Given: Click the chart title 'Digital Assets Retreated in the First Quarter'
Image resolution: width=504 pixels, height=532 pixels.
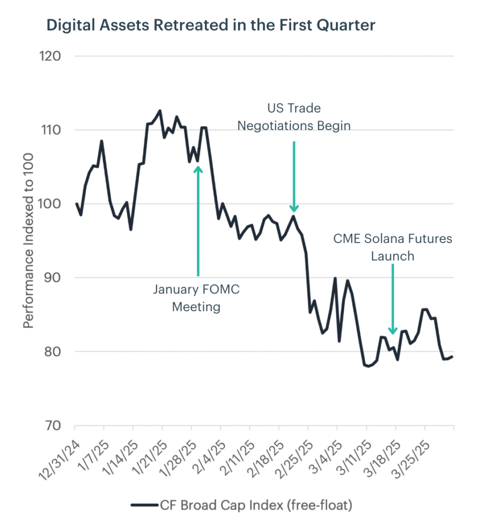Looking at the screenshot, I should (x=211, y=25).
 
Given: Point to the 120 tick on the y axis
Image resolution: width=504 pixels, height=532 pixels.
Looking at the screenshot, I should (x=51, y=56).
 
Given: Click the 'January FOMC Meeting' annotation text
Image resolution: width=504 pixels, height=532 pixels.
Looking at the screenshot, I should (x=196, y=298).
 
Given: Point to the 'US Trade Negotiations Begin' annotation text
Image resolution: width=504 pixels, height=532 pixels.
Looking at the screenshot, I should (x=294, y=117).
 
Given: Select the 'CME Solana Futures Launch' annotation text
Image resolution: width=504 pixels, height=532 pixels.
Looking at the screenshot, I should (x=393, y=247).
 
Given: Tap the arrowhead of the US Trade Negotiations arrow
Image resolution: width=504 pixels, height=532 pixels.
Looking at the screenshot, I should (x=294, y=209).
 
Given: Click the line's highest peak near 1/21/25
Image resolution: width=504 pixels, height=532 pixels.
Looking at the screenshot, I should (x=160, y=111).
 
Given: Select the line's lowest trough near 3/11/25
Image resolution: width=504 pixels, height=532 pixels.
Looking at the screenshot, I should (x=368, y=366).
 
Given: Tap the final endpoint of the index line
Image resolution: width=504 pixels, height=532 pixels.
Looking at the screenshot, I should (x=452, y=356).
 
